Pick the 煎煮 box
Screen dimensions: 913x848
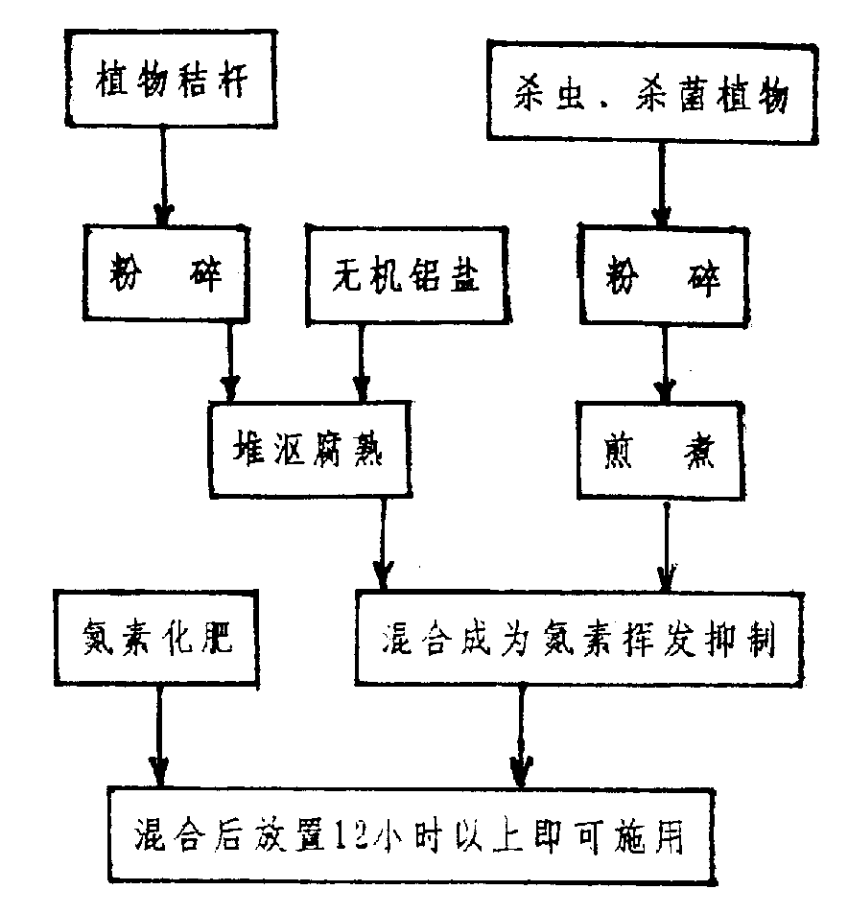tap(660, 452)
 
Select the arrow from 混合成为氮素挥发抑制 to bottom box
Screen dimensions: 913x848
tap(520, 734)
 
